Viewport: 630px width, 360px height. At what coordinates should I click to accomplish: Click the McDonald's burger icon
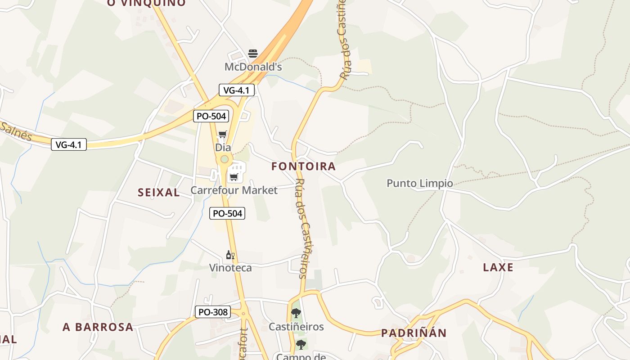pyautogui.click(x=253, y=54)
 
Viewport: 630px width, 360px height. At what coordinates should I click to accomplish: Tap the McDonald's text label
pyautogui.click(x=253, y=67)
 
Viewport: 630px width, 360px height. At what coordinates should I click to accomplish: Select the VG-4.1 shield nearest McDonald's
pyautogui.click(x=237, y=90)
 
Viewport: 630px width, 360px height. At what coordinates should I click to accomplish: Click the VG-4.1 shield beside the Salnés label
pyautogui.click(x=68, y=144)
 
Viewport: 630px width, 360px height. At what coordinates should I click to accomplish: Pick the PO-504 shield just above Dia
pyautogui.click(x=211, y=116)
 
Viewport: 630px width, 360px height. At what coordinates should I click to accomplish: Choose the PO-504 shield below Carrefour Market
pyautogui.click(x=227, y=213)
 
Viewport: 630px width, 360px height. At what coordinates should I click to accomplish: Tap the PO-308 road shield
pyautogui.click(x=213, y=312)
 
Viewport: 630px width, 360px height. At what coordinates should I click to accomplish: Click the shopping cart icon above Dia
pyautogui.click(x=222, y=135)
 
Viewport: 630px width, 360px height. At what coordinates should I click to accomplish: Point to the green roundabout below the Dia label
pyautogui.click(x=224, y=159)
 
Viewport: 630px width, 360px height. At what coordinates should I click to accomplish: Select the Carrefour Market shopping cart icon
pyautogui.click(x=234, y=177)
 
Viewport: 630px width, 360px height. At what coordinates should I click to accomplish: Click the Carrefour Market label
pyautogui.click(x=234, y=190)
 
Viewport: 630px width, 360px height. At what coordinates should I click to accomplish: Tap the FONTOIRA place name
pyautogui.click(x=303, y=166)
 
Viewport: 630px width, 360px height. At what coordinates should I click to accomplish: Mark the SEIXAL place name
pyautogui.click(x=159, y=193)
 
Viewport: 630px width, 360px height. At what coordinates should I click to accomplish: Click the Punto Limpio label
pyautogui.click(x=420, y=183)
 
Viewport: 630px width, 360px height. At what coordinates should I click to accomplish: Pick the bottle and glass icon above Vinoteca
pyautogui.click(x=230, y=255)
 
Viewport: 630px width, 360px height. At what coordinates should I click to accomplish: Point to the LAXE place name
pyautogui.click(x=498, y=267)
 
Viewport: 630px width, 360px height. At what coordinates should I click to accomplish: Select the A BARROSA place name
pyautogui.click(x=98, y=327)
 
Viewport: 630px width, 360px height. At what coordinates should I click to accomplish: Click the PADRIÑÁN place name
pyautogui.click(x=414, y=333)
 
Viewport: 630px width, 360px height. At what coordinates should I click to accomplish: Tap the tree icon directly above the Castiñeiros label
pyautogui.click(x=296, y=313)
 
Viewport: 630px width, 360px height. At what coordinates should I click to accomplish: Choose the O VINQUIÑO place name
pyautogui.click(x=146, y=3)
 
